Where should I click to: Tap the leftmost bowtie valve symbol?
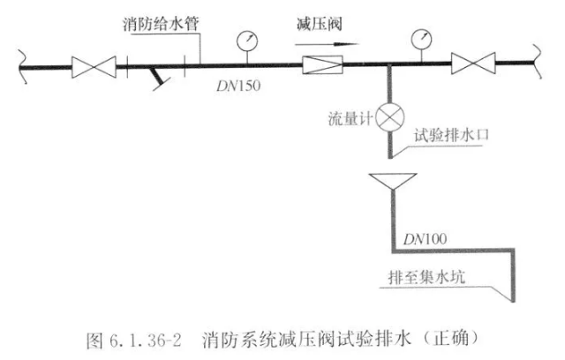[x=94, y=64]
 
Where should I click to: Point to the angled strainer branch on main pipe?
[x=158, y=79]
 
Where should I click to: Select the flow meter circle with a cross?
[x=388, y=118]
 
